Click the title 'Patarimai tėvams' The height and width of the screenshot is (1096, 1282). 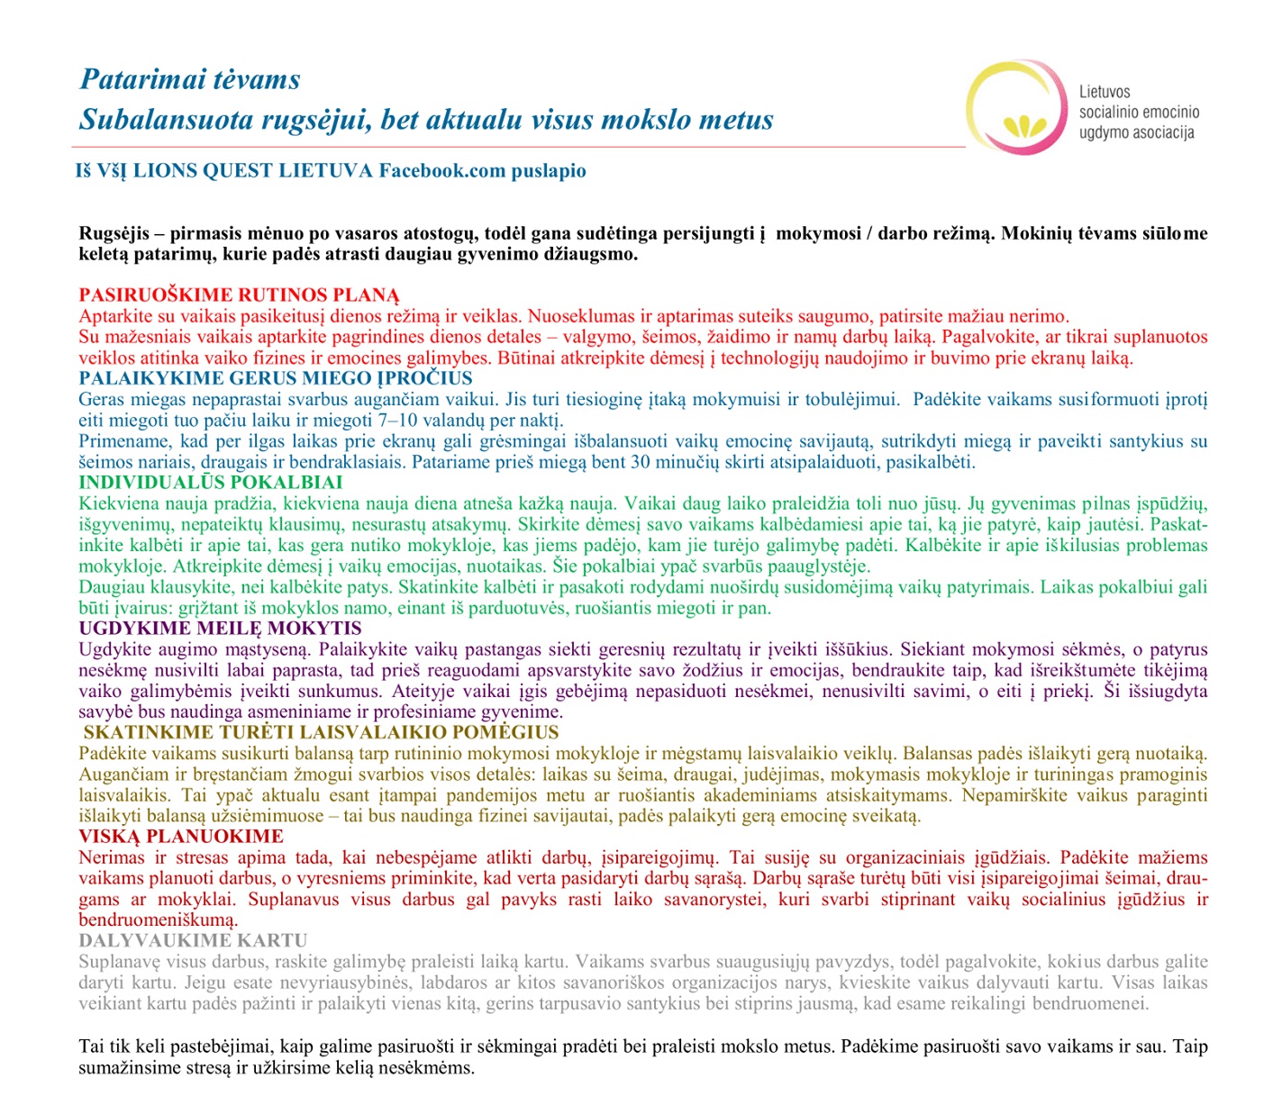pyautogui.click(x=189, y=79)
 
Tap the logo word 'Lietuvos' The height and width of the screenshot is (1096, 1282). pyautogui.click(x=1105, y=92)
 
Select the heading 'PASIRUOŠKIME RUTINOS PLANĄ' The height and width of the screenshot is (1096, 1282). pyautogui.click(x=239, y=295)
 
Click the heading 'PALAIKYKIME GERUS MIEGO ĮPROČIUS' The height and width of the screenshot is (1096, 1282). pyautogui.click(x=275, y=378)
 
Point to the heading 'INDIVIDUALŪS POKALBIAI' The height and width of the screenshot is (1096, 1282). pyautogui.click(x=210, y=483)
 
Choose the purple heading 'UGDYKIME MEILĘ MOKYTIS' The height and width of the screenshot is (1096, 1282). pyautogui.click(x=220, y=629)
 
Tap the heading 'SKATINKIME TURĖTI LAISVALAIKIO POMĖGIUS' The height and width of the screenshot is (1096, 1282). pyautogui.click(x=321, y=733)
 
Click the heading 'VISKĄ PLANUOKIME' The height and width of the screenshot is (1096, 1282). pyautogui.click(x=181, y=837)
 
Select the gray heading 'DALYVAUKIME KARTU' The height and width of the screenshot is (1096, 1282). pyautogui.click(x=193, y=941)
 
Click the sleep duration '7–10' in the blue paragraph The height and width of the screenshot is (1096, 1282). pyautogui.click(x=399, y=421)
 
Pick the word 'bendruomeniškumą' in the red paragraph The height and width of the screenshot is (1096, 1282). pyautogui.click(x=158, y=920)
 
